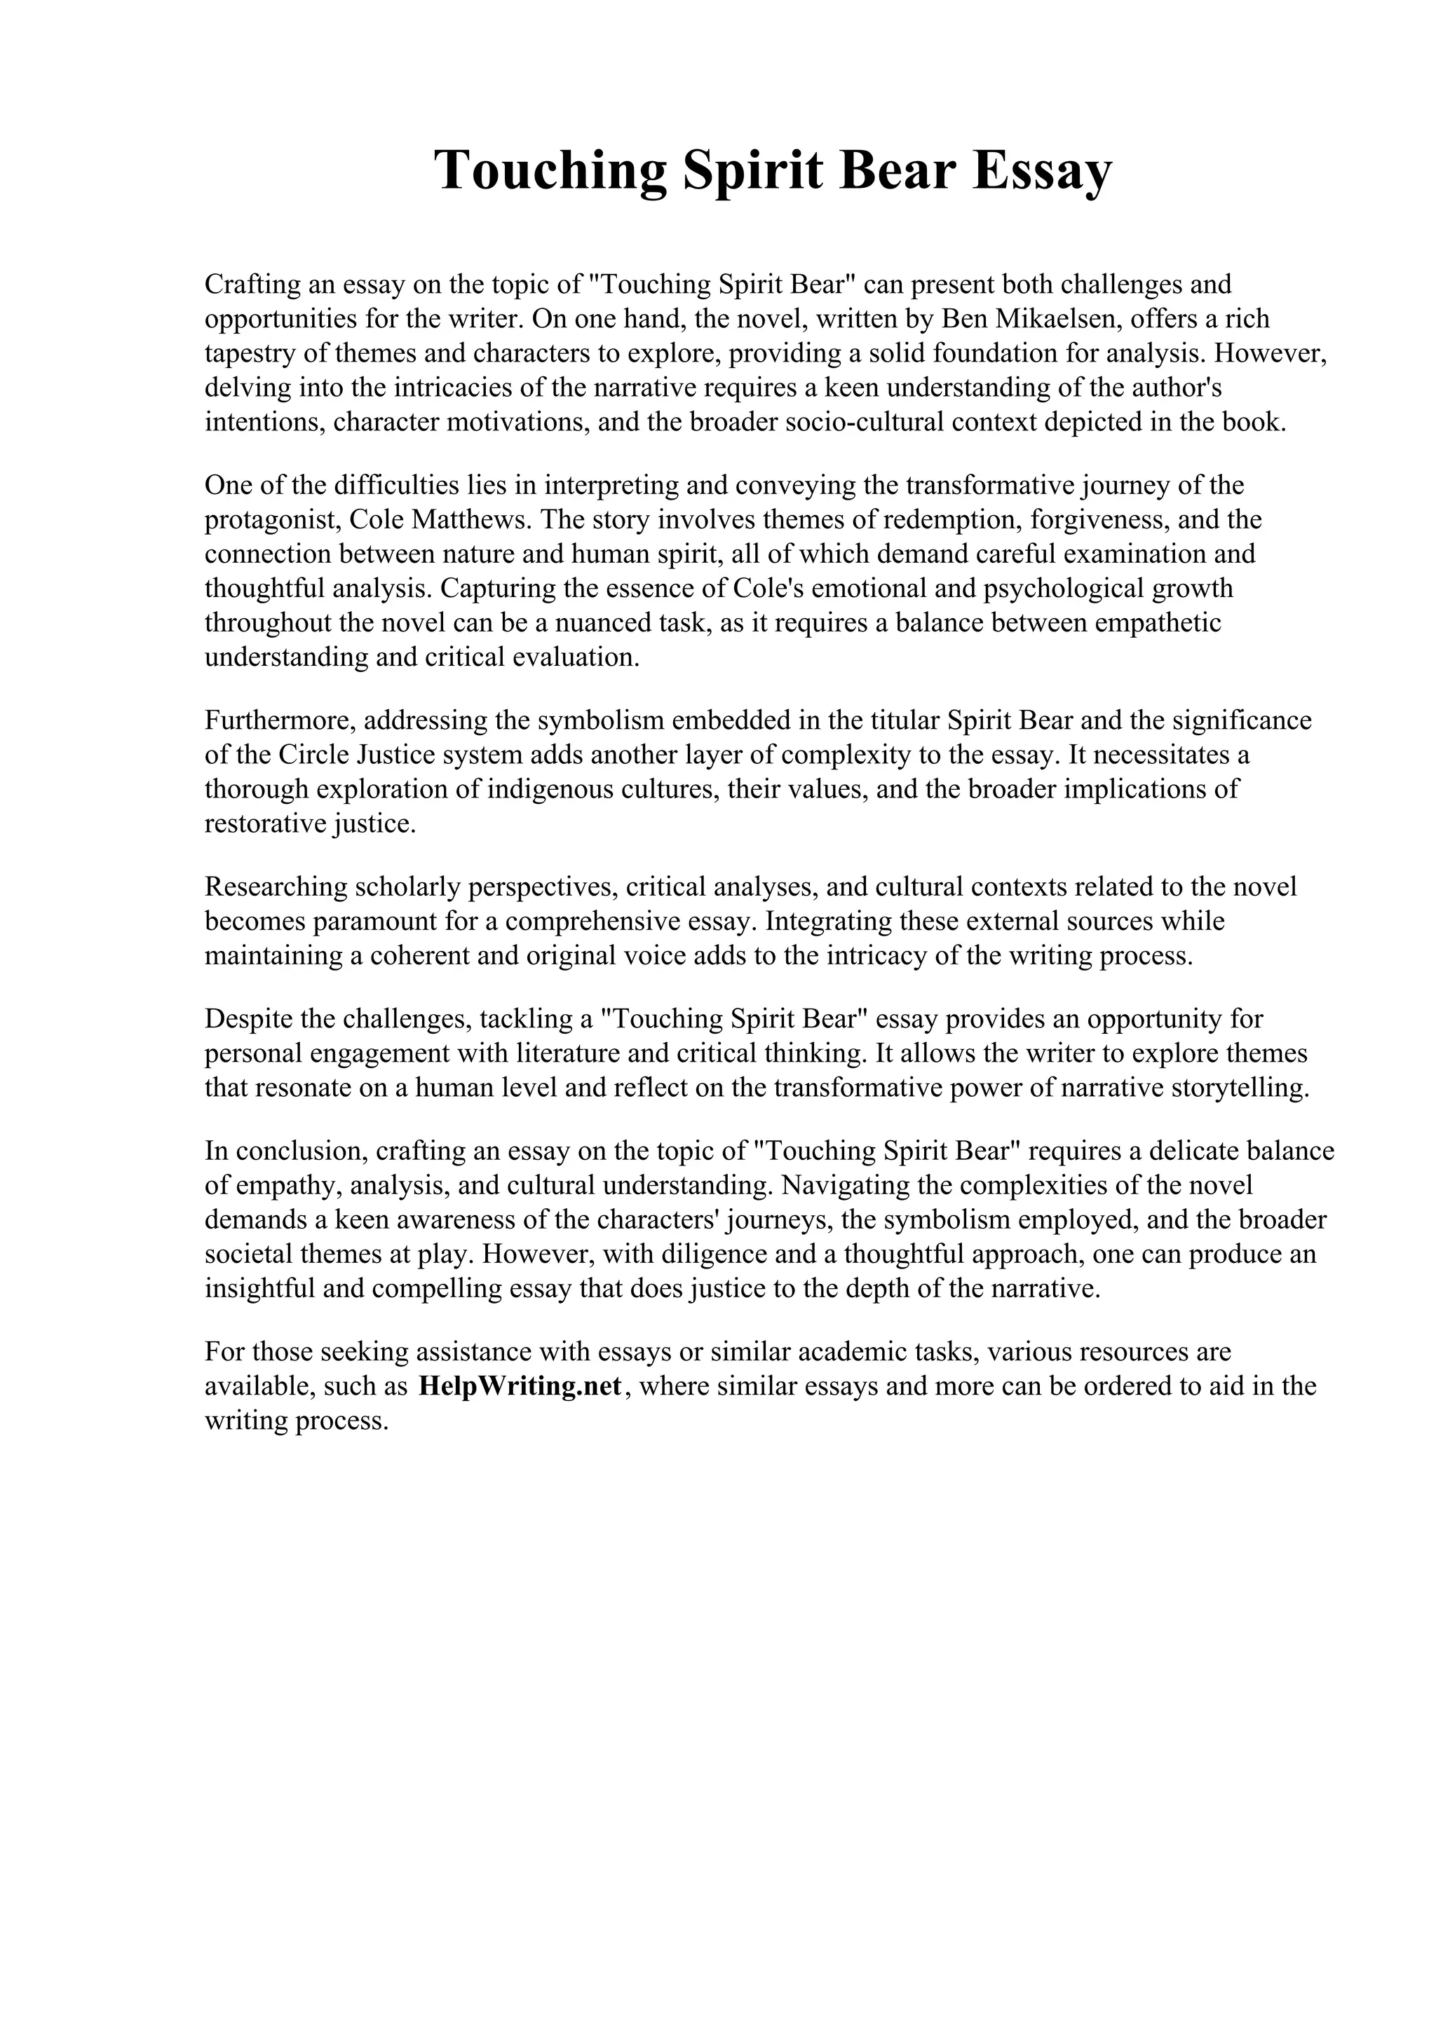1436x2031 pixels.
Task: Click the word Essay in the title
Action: pyautogui.click(x=1041, y=170)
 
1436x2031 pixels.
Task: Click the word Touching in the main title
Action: pyautogui.click(x=550, y=170)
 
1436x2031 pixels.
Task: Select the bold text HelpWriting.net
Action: pyautogui.click(x=520, y=1386)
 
